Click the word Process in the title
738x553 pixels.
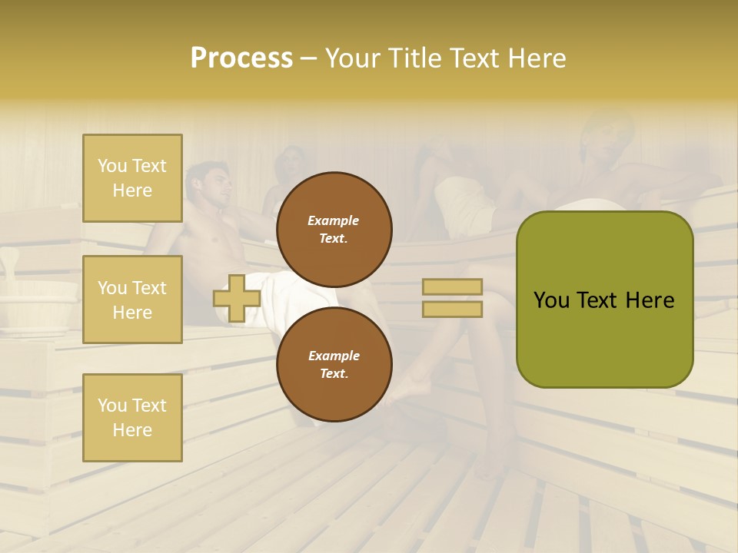coord(241,58)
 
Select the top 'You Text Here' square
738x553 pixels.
coord(132,178)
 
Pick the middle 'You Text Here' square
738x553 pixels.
coord(132,300)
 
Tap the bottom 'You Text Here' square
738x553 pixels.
coord(132,417)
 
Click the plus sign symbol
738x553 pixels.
coord(237,299)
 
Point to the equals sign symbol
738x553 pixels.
coord(452,298)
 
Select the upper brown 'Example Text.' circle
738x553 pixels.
coord(334,230)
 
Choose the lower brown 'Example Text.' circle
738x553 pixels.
coord(334,365)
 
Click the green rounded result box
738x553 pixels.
coord(604,300)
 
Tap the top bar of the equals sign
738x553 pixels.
coord(452,287)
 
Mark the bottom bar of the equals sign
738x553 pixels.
coord(452,309)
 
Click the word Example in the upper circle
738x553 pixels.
coord(334,220)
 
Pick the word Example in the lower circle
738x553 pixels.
coord(334,356)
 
